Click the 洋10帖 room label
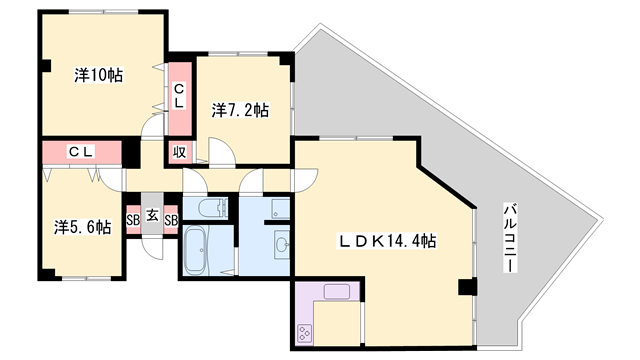coord(98,75)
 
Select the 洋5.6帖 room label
coord(82,226)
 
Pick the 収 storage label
coord(179,152)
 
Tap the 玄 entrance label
coord(151,214)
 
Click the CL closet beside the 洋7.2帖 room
coord(180,98)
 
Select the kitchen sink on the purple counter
coord(336,293)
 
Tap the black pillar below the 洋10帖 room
coord(130,155)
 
